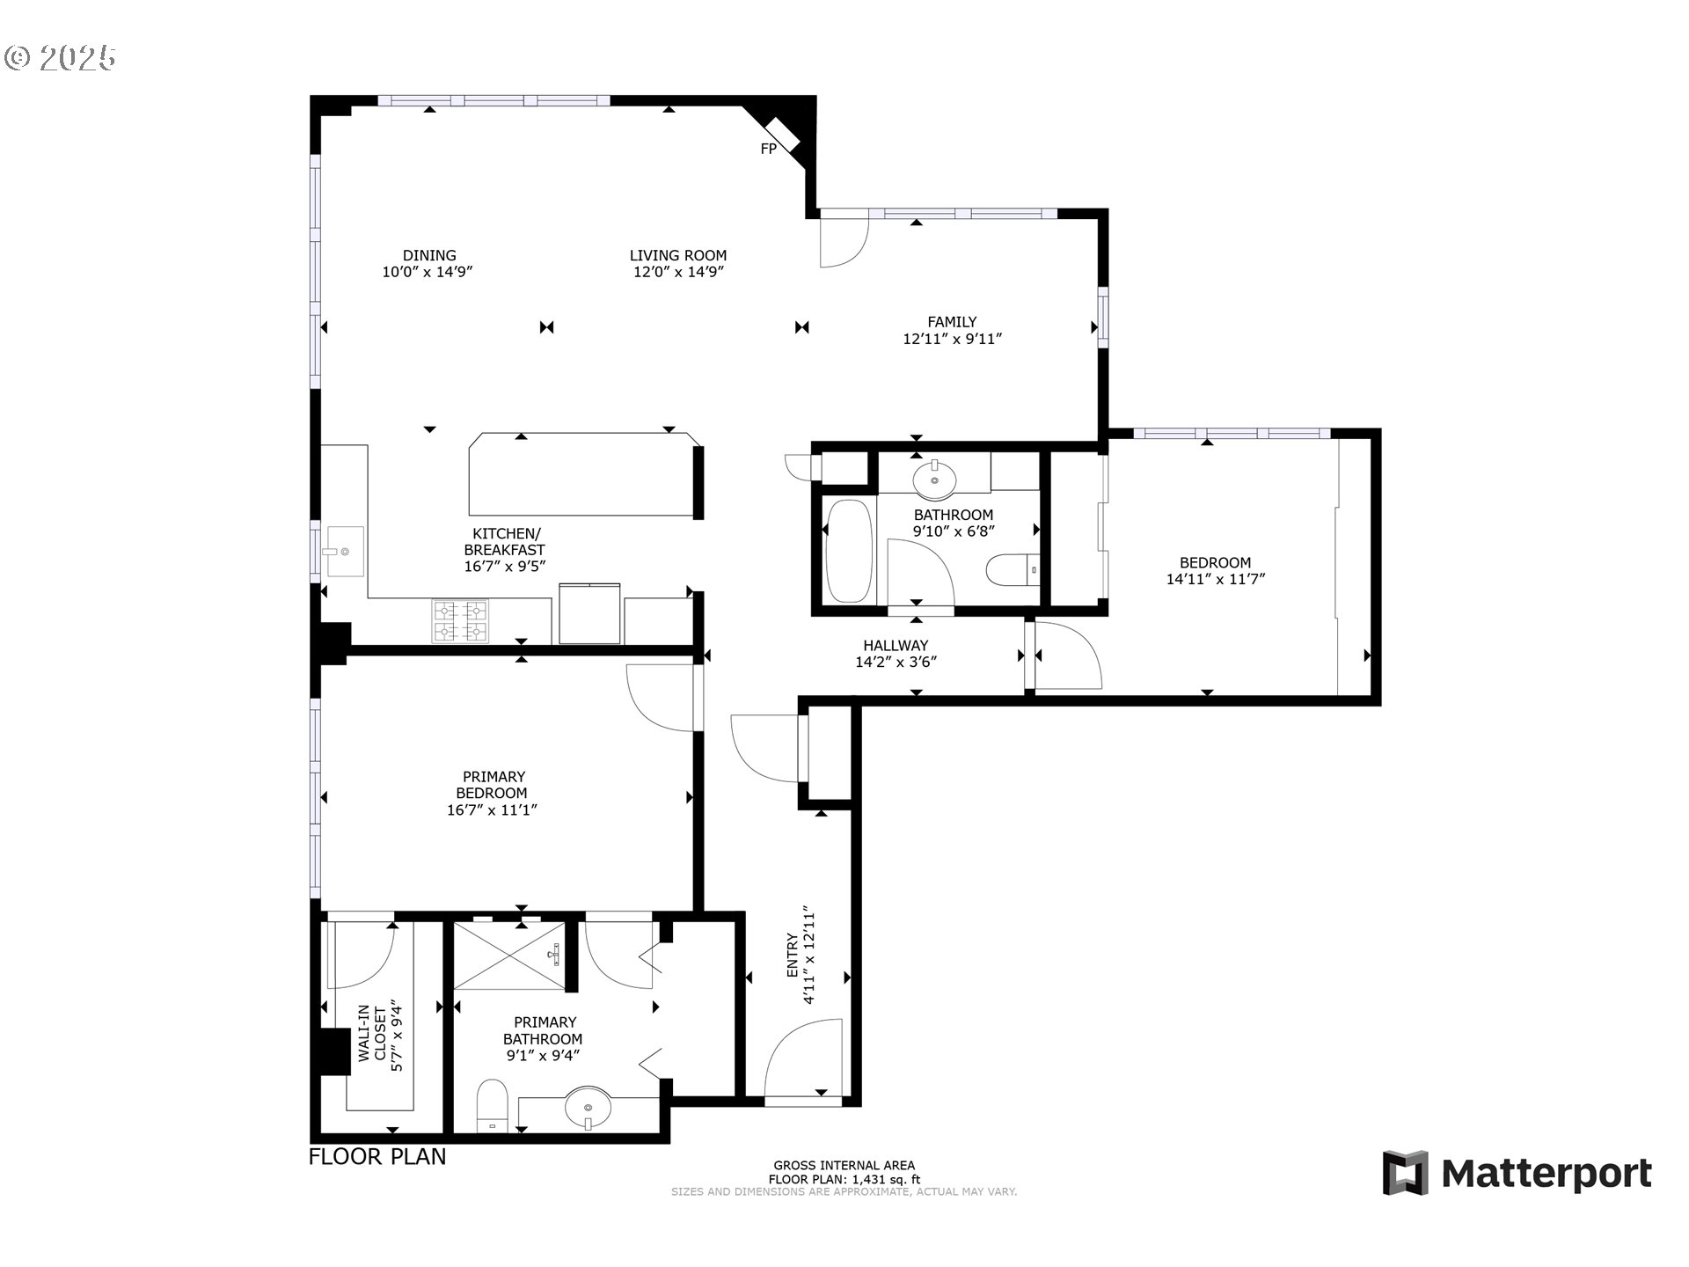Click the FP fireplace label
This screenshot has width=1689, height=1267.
768,150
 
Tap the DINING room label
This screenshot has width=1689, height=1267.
429,256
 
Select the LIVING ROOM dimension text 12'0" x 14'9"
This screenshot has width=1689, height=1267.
678,273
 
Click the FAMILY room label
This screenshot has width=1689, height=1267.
952,322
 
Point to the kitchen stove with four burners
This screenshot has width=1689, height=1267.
459,620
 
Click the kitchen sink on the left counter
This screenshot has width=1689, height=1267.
345,551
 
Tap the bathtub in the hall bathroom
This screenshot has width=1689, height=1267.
849,551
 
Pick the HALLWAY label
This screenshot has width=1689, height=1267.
896,646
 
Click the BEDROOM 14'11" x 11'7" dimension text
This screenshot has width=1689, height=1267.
1216,580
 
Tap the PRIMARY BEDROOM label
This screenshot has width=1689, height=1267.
493,785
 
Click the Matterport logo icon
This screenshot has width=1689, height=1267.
1405,1173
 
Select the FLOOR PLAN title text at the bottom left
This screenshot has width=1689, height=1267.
377,1157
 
